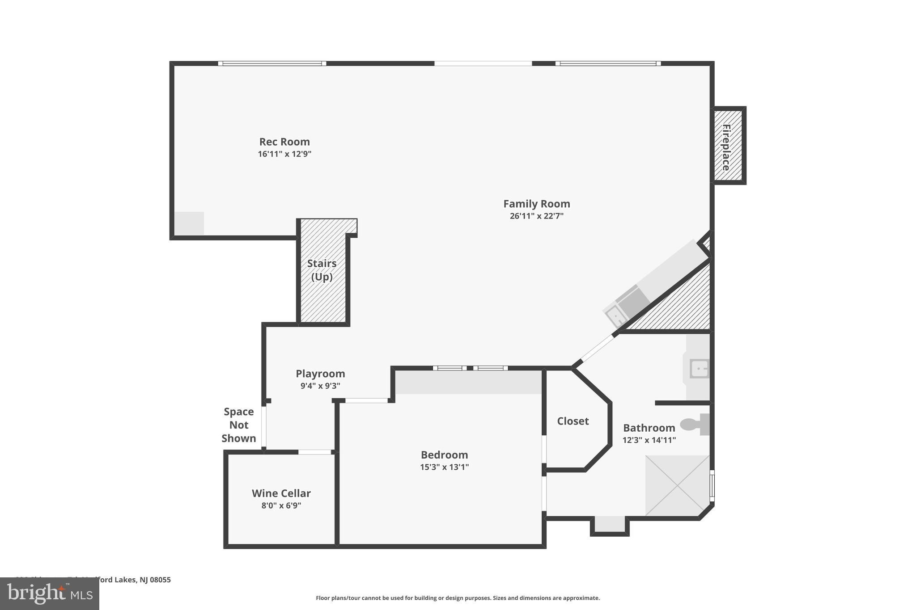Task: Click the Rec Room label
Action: [284, 142]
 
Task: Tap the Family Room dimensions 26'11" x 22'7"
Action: [536, 216]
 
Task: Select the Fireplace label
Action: [726, 147]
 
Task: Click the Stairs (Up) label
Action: [322, 270]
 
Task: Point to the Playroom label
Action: [320, 374]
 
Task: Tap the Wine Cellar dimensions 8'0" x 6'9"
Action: [281, 505]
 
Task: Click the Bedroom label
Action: [444, 455]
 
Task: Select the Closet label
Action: [572, 421]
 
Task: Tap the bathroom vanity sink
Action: [699, 369]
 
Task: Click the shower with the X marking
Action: [677, 485]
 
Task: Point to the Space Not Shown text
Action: [239, 425]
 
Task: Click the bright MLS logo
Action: [50, 593]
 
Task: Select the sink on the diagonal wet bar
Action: [616, 317]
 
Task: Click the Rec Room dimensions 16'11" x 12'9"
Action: [284, 154]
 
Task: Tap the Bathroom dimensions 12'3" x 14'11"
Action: [649, 440]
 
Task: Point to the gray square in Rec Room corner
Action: [189, 223]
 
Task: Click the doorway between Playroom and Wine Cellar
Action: [314, 452]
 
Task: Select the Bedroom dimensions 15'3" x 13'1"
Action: [444, 467]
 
